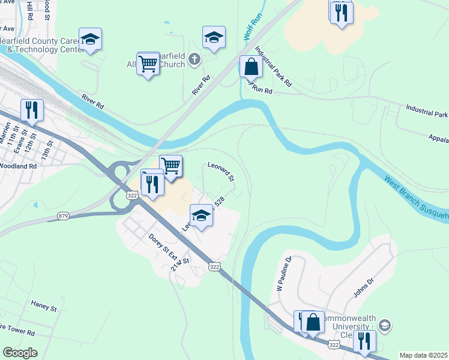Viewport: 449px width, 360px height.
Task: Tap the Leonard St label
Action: [220, 171]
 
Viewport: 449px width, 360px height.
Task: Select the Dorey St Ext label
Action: [160, 245]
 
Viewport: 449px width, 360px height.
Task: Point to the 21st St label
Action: [179, 265]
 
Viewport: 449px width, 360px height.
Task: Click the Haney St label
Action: [44, 308]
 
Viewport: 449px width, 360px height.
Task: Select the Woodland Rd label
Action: [19, 165]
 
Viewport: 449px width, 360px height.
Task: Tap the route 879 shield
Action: [64, 215]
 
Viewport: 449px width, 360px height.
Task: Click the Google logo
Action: [20, 353]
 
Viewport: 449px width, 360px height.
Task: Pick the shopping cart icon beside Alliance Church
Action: [148, 63]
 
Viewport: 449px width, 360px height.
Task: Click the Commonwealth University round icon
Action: [384, 326]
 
